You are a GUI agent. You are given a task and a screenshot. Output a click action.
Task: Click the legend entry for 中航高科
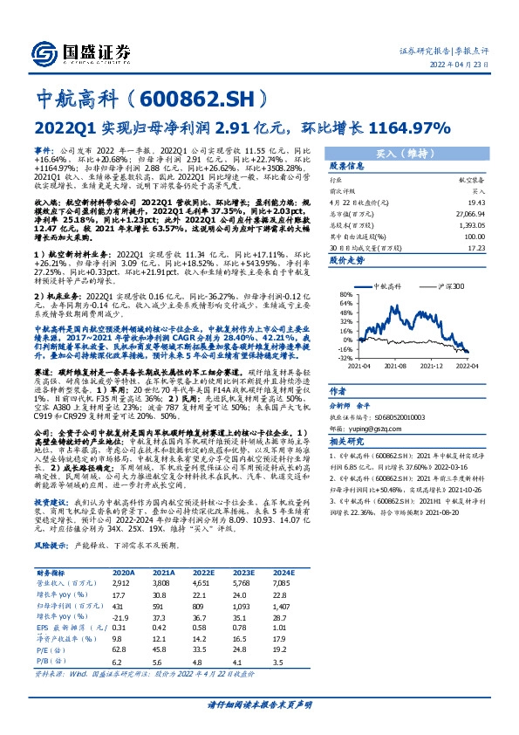(x=385, y=285)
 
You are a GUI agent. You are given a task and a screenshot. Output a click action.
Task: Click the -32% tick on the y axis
(x=346, y=358)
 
